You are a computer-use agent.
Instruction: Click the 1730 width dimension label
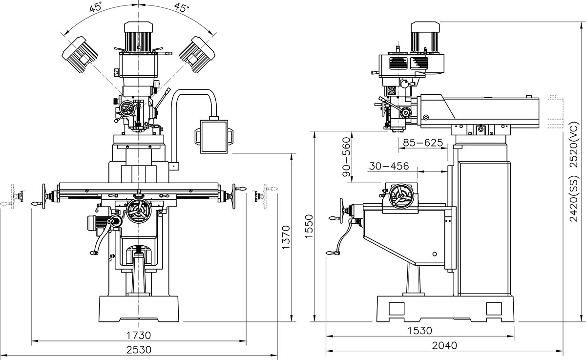pyautogui.click(x=140, y=335)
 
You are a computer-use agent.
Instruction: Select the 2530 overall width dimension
pyautogui.click(x=140, y=350)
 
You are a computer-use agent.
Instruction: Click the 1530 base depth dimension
pyautogui.click(x=420, y=331)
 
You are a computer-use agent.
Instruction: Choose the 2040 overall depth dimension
pyautogui.click(x=444, y=345)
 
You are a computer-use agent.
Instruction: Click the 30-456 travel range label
pyautogui.click(x=389, y=166)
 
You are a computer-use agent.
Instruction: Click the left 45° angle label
pyautogui.click(x=96, y=8)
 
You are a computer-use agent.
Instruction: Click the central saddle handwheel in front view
pyautogui.click(x=139, y=211)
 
